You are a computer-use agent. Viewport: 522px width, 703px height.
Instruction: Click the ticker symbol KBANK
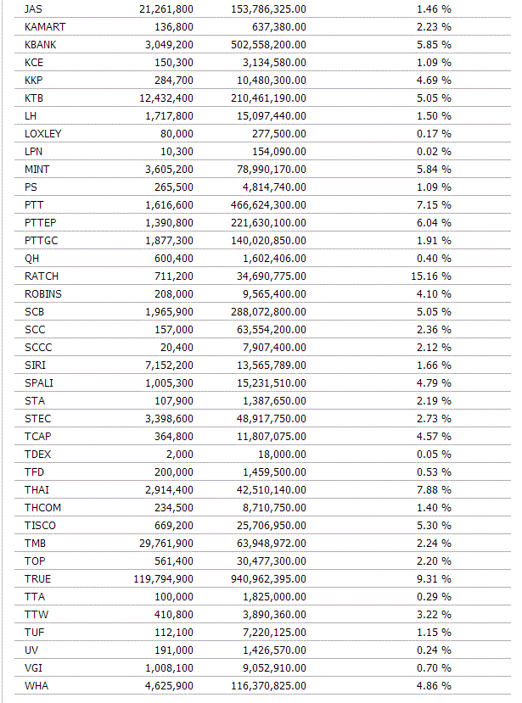42,44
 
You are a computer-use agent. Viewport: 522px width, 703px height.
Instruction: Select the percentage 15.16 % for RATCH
434,276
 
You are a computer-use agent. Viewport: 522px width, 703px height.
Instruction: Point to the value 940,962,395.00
268,578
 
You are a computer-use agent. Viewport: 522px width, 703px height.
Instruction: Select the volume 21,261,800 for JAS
166,8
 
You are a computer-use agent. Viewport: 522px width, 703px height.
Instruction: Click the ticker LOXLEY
43,133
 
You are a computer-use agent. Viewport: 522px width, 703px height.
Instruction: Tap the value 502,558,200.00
268,44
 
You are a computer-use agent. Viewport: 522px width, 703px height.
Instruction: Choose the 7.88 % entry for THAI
434,489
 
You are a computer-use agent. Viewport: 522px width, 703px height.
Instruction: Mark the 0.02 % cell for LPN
434,151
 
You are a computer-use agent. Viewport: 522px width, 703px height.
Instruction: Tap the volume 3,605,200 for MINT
166,169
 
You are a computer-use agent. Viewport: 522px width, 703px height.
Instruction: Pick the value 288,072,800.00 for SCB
268,311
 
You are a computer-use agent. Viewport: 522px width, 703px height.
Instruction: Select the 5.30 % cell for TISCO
434,525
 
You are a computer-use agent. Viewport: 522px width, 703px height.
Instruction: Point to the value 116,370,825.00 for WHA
268,685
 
